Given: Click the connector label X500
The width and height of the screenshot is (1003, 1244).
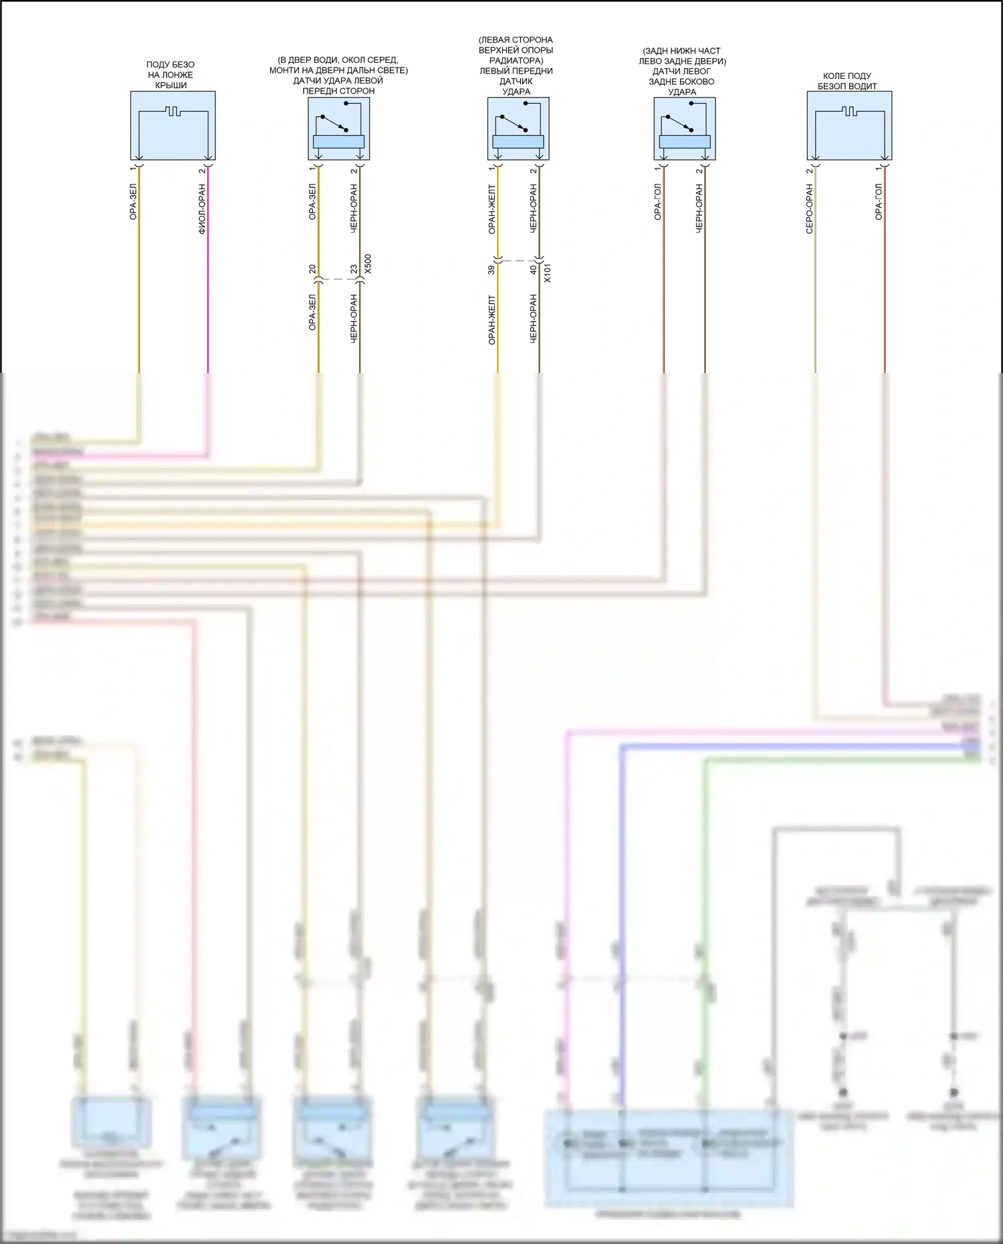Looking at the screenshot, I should coord(368,263).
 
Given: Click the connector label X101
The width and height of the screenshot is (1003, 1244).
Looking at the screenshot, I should coord(548,273).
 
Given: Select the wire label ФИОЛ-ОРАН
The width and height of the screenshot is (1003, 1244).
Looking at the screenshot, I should coord(202,209).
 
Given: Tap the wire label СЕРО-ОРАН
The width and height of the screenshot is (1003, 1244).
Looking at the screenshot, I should coord(809,209).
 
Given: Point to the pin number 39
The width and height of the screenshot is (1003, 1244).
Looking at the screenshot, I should coord(491,269).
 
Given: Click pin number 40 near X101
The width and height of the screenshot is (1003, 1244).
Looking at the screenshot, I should coord(533,269).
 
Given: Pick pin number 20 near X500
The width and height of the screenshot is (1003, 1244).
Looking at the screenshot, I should coord(312,269).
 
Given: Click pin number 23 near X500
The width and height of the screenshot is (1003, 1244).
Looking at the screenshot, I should coord(354,269).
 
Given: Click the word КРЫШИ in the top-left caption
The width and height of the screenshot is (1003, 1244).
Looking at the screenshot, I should coord(171,86).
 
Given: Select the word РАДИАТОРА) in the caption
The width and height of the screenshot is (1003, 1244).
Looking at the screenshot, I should coord(516,60).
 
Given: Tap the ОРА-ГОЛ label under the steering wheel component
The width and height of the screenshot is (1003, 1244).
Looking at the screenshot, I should coord(879,202).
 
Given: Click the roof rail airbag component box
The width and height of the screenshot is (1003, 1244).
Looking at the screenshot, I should coord(173,126).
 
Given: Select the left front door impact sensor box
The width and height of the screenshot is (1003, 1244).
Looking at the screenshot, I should coord(339,129).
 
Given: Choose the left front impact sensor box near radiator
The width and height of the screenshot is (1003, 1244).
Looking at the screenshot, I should coord(518,129).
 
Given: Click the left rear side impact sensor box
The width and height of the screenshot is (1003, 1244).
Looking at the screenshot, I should coord(685,129).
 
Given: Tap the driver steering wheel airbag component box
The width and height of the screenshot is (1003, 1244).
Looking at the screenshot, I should coord(849,126).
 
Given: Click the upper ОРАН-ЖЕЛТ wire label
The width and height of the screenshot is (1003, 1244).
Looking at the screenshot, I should coord(491,209).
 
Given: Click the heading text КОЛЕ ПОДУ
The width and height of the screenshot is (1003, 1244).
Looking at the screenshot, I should coord(847,76).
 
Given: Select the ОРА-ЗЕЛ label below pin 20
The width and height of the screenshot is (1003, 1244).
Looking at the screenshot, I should coord(312,312).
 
